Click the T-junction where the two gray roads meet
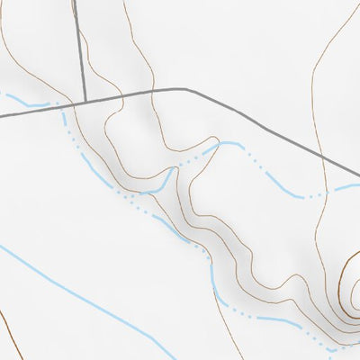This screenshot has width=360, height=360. click(84, 102)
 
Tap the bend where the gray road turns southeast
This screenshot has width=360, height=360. click(187, 90)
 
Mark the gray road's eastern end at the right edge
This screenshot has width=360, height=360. click(358, 176)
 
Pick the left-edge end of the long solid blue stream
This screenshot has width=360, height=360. click(2, 246)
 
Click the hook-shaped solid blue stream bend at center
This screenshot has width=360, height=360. click(167, 180)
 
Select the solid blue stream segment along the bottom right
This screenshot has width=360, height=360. click(270, 319)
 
